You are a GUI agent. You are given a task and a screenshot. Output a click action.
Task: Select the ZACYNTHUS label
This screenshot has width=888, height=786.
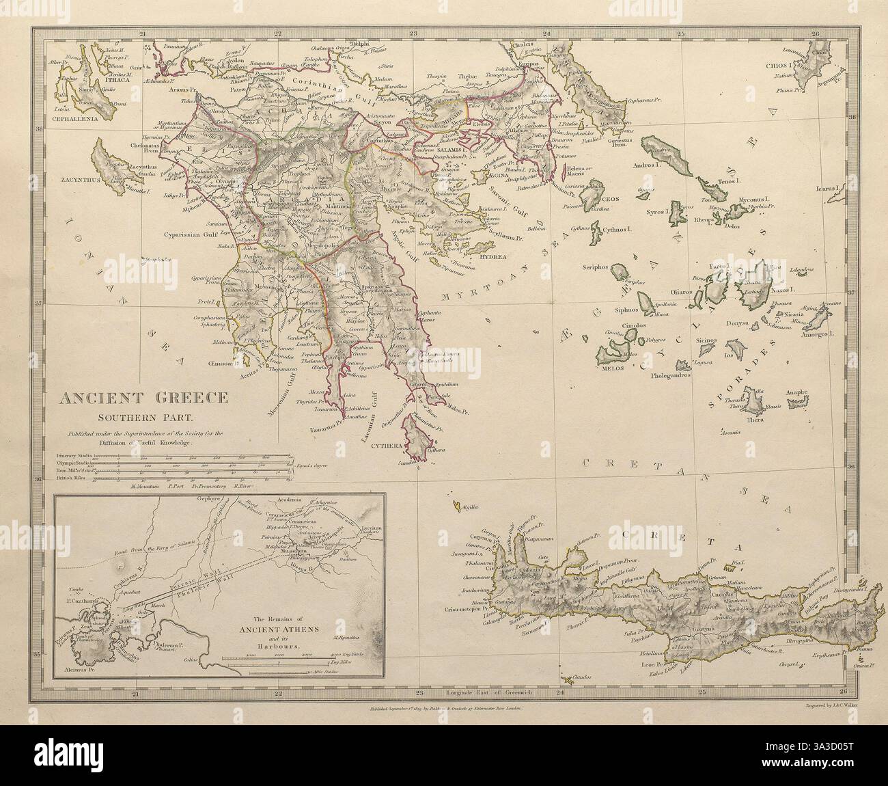point(77,180)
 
